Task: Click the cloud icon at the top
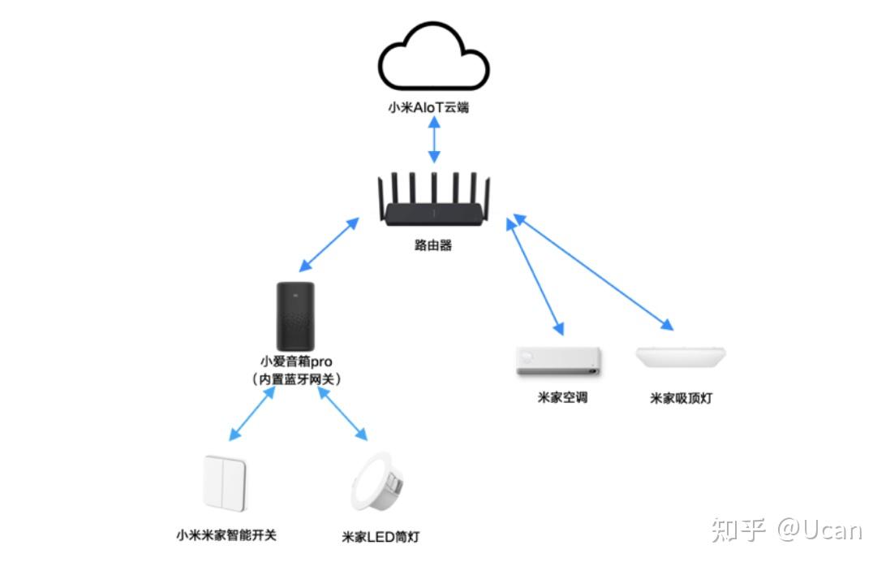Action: point(434,62)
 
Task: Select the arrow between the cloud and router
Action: point(434,143)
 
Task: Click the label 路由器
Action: point(432,245)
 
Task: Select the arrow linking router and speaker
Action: point(329,245)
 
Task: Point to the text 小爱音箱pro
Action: point(295,361)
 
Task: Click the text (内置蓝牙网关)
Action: point(295,379)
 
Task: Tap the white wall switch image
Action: point(225,484)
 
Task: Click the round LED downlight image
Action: point(377,488)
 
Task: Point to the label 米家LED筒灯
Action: point(381,538)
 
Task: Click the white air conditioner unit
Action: point(559,361)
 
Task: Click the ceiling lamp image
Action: point(680,356)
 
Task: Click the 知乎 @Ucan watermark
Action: point(786,530)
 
